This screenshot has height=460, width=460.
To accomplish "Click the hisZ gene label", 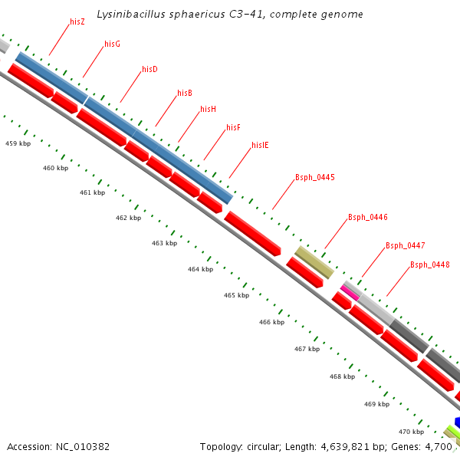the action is (77, 21).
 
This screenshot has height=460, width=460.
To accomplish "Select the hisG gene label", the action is (112, 44).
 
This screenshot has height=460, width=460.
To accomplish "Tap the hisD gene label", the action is (149, 69).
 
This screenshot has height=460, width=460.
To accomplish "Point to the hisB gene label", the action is (184, 93).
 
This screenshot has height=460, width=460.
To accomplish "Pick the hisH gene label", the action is (208, 109).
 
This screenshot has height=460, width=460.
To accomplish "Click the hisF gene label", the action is (233, 127).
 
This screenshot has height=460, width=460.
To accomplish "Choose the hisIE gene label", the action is (260, 144).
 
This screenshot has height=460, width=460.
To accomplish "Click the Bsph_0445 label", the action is (314, 177).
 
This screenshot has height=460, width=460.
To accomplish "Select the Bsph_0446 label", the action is (367, 217).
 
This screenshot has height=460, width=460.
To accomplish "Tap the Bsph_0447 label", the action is (405, 245).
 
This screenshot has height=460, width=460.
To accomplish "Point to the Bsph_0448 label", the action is (429, 264).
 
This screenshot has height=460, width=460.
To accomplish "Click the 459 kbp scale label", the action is (18, 143).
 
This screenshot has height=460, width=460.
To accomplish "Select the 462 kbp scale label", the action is (128, 218).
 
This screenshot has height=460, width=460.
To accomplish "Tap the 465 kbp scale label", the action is (236, 295).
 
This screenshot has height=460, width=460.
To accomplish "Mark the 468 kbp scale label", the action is (342, 376).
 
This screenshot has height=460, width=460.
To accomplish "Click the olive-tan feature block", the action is (314, 262).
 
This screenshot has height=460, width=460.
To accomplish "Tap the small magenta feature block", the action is (350, 291).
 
